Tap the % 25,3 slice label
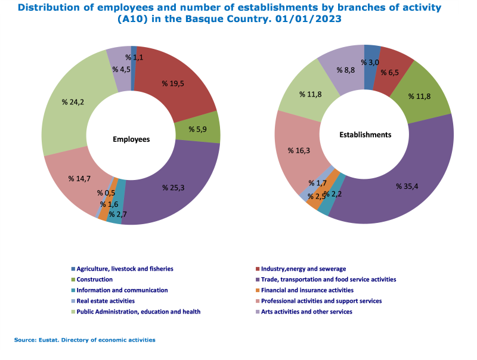pyautogui.click(x=174, y=187)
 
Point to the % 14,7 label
pyautogui.click(x=79, y=178)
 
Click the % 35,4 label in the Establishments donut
pyautogui.click(x=408, y=186)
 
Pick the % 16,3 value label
pyautogui.click(x=299, y=151)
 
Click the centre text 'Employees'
pyautogui.click(x=131, y=139)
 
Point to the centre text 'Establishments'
pyautogui.click(x=365, y=135)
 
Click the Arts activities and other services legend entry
pyautogui.click(x=307, y=312)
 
